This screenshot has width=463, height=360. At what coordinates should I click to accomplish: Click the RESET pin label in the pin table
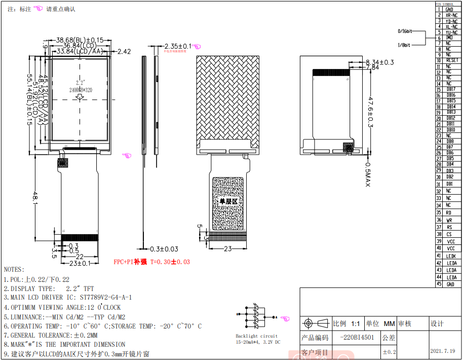[x=452, y=60]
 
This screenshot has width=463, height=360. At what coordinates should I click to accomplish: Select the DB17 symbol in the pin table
[x=451, y=89]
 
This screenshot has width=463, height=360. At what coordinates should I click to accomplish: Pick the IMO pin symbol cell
[x=449, y=38]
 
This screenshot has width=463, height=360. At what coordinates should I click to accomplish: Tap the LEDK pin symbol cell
[x=451, y=256]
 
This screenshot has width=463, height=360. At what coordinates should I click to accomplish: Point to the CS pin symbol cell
[x=449, y=234]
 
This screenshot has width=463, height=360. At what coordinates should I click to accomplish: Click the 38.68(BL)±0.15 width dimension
[x=80, y=40]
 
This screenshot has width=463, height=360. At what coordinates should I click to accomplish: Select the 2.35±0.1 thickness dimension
[x=178, y=46]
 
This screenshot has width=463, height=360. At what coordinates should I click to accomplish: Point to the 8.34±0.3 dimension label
[x=379, y=62]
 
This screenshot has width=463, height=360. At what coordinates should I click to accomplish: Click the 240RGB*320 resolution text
[x=81, y=90]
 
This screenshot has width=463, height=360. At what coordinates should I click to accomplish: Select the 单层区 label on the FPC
[x=228, y=201]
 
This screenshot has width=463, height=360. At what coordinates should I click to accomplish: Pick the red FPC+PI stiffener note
[x=152, y=262]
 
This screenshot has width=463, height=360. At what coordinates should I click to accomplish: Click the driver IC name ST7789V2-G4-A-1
[x=99, y=298]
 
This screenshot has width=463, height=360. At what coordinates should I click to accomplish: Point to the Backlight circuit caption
[x=257, y=336]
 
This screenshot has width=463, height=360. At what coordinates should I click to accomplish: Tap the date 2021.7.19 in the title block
[x=443, y=351]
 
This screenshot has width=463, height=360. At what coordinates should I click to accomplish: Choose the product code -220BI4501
[x=357, y=338]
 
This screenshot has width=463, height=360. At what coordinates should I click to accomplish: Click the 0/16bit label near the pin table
[x=405, y=31]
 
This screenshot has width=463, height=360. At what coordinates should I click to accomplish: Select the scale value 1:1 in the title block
[x=355, y=323]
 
